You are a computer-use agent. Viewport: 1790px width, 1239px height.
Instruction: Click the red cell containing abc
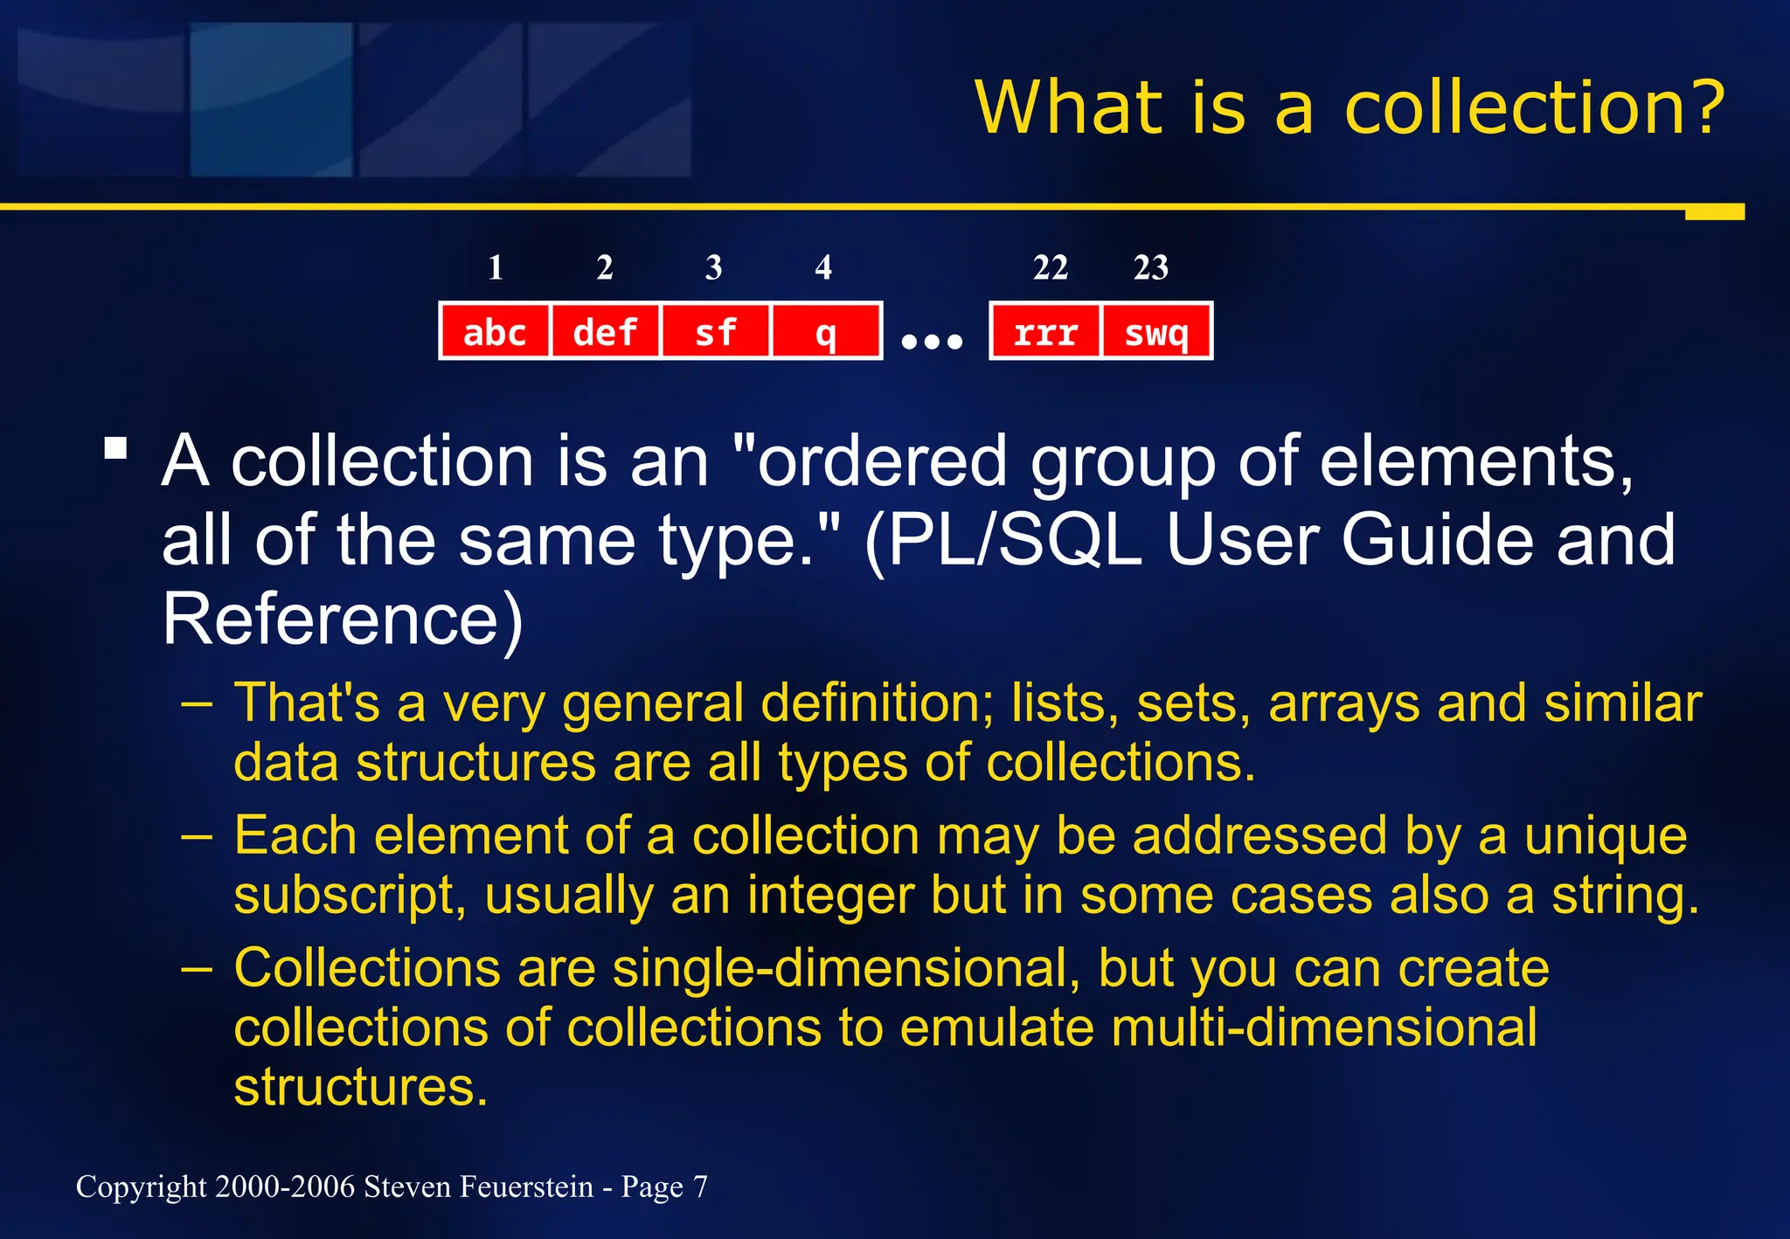[x=495, y=331]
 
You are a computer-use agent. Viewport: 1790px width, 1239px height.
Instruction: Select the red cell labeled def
[x=605, y=331]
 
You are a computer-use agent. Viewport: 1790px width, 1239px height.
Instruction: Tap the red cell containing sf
[x=715, y=331]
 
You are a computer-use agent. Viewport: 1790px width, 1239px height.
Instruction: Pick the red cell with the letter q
[x=825, y=331]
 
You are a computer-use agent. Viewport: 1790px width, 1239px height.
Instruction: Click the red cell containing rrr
[x=1045, y=331]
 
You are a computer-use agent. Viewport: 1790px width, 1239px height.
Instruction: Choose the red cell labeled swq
[x=1156, y=331]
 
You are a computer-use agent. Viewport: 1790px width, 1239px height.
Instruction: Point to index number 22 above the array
[x=1051, y=267]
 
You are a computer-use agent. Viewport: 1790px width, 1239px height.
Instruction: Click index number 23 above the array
[x=1151, y=267]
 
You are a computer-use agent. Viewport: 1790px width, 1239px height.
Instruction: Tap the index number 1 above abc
[x=496, y=267]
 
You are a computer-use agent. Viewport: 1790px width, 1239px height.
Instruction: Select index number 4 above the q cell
[x=823, y=267]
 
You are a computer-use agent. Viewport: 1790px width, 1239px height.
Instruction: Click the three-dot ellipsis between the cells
[x=932, y=341]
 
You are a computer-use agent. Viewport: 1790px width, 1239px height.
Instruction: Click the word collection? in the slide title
[x=1534, y=108]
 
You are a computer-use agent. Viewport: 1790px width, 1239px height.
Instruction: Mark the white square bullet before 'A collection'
[x=115, y=449]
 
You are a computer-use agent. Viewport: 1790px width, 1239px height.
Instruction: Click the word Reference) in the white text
[x=343, y=619]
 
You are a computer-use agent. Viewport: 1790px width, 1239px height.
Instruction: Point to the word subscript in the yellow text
[x=350, y=896]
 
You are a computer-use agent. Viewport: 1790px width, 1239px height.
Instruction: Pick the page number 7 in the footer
[x=700, y=1187]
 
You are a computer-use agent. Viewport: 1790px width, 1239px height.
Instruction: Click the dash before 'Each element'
[x=198, y=836]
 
